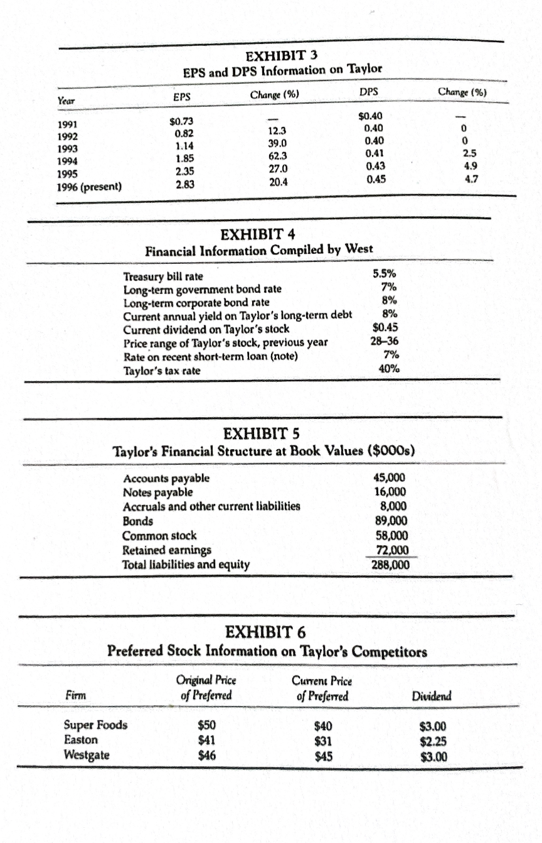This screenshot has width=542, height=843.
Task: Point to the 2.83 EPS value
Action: click(x=184, y=183)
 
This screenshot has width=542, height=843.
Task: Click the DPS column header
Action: click(x=369, y=92)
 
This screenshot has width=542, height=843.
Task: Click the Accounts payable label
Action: click(x=166, y=478)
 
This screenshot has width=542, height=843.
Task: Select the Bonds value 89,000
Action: click(x=394, y=520)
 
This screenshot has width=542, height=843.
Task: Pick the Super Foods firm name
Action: click(x=96, y=725)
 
